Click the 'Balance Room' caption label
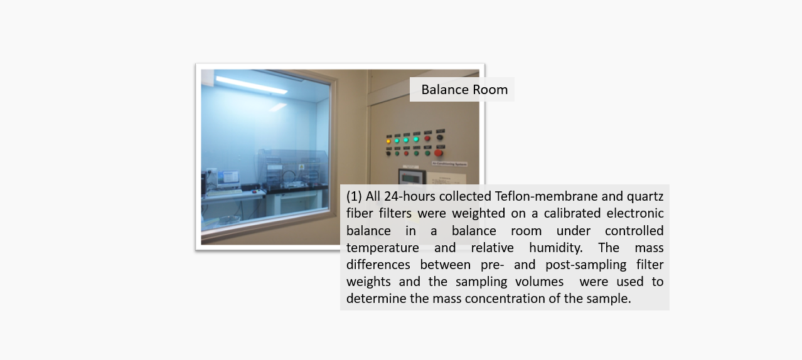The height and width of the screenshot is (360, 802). coord(464,90)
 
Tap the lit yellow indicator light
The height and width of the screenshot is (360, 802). coord(388,141)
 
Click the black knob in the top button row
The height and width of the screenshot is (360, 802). coord(440,137)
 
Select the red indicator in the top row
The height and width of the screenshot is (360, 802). coord(427,138)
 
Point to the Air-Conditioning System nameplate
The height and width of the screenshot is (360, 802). coord(450,164)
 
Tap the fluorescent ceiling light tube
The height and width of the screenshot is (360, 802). coord(252,85)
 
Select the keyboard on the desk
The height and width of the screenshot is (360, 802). coord(224,193)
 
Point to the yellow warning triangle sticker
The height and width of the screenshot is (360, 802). coord(301,167)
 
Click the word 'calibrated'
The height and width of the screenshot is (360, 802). coord(572,213)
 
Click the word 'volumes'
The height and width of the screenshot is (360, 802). coord(539,282)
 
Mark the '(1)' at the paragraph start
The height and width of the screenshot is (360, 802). coord(354,196)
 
